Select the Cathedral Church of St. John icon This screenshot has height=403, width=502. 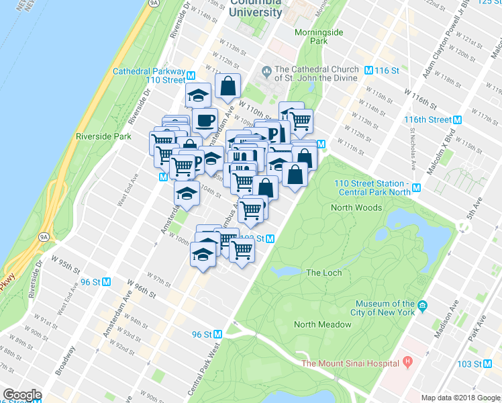click(266, 69)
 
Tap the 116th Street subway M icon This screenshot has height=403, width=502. click(458, 120)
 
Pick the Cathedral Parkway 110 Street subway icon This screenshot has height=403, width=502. click(191, 75)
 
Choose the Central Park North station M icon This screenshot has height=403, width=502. click(417, 188)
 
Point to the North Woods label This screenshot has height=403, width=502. click(356, 208)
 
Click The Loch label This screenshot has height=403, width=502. click(323, 273)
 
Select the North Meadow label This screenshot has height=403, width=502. click(322, 324)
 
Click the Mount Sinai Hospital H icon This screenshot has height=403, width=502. click(407, 363)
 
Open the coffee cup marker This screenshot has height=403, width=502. click(204, 122)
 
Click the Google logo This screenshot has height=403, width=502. click(22, 395)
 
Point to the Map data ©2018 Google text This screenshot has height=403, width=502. click(460, 398)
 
